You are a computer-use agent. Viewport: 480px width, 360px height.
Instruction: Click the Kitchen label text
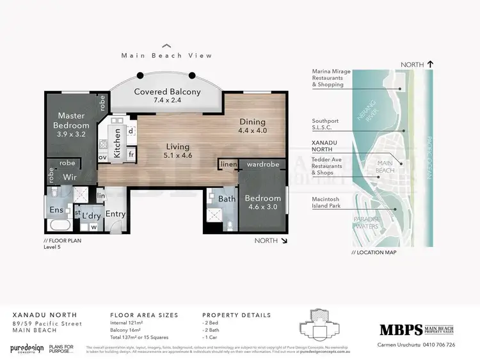(117, 142)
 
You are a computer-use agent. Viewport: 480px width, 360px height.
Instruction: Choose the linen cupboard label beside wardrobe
(228, 165)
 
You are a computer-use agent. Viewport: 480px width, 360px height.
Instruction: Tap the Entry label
(116, 214)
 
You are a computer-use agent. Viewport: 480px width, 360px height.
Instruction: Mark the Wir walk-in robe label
(69, 176)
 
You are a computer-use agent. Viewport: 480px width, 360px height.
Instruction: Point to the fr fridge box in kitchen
(131, 154)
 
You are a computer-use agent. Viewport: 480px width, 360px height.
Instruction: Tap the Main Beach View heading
(166, 56)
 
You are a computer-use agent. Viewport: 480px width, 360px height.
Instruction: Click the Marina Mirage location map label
(331, 78)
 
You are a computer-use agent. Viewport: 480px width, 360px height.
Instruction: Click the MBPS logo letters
(401, 330)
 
